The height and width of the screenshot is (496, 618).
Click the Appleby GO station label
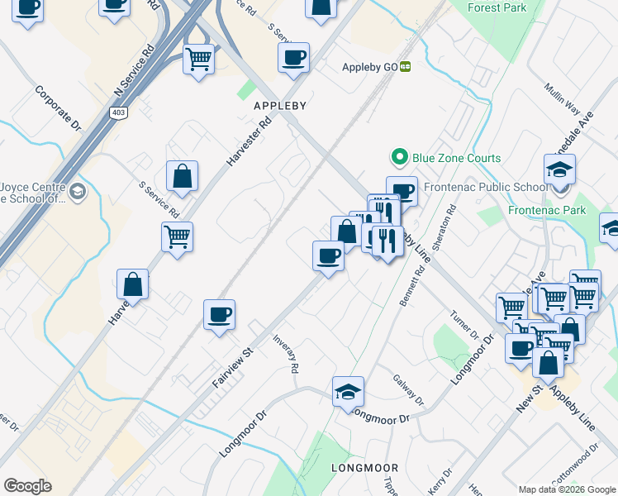pyautogui.click(x=370, y=68)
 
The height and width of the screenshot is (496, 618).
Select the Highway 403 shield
pyautogui.click(x=116, y=112)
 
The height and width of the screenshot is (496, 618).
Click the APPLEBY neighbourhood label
pyautogui.click(x=280, y=106)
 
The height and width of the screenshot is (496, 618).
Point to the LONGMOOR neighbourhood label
pyautogui.click(x=359, y=468)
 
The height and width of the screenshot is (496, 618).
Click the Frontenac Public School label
pyautogui.click(x=486, y=187)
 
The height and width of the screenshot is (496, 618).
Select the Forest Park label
pyautogui.click(x=497, y=7)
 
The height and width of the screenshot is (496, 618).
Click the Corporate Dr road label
pyautogui.click(x=58, y=107)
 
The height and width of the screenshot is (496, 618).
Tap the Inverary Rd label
pyautogui.click(x=286, y=355)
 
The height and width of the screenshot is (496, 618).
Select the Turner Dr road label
pyautogui.click(x=464, y=327)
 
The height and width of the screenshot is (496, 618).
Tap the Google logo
pyautogui.click(x=27, y=486)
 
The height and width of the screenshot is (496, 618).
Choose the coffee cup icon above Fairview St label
pyautogui.click(x=219, y=315)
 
